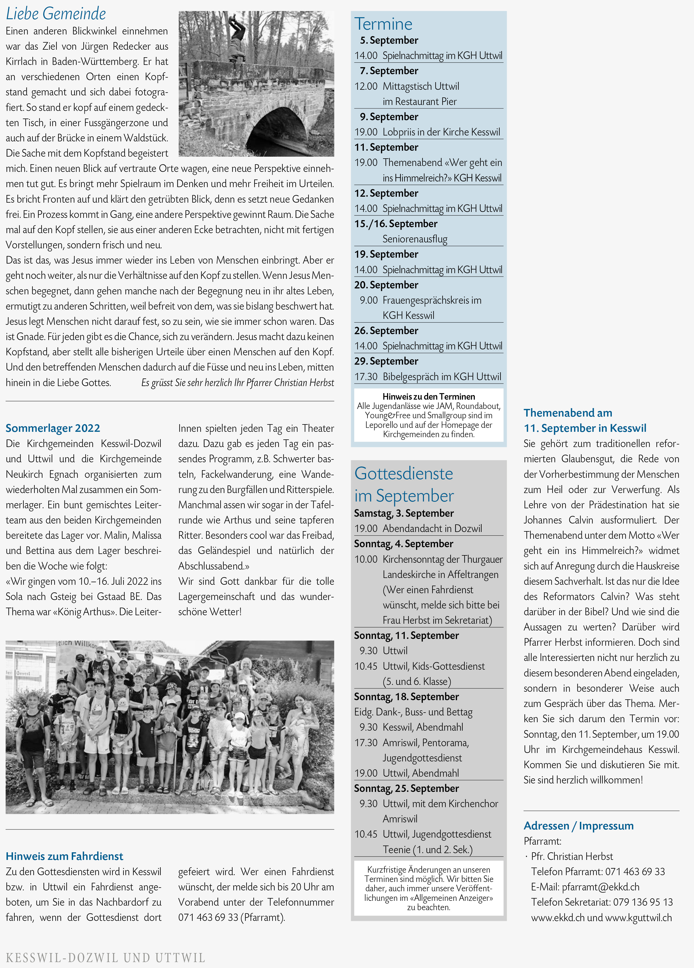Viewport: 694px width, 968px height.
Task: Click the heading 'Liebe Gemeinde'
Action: (56, 14)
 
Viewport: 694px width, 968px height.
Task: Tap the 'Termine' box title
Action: (383, 24)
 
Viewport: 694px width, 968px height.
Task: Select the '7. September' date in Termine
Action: (389, 71)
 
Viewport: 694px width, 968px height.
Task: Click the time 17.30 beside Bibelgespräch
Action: (366, 376)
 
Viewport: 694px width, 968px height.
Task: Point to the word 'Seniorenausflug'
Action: (415, 239)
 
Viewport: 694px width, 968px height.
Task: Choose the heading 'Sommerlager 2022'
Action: (53, 428)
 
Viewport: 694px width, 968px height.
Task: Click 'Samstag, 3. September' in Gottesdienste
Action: (404, 513)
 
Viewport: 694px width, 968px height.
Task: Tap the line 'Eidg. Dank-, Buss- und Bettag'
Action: (413, 712)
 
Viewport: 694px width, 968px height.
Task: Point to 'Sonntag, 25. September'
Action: (406, 788)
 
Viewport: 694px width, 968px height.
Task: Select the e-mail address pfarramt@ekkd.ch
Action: (601, 887)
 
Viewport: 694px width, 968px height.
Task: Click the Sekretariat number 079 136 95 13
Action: (643, 902)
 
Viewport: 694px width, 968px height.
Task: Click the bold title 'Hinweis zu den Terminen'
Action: (428, 397)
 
